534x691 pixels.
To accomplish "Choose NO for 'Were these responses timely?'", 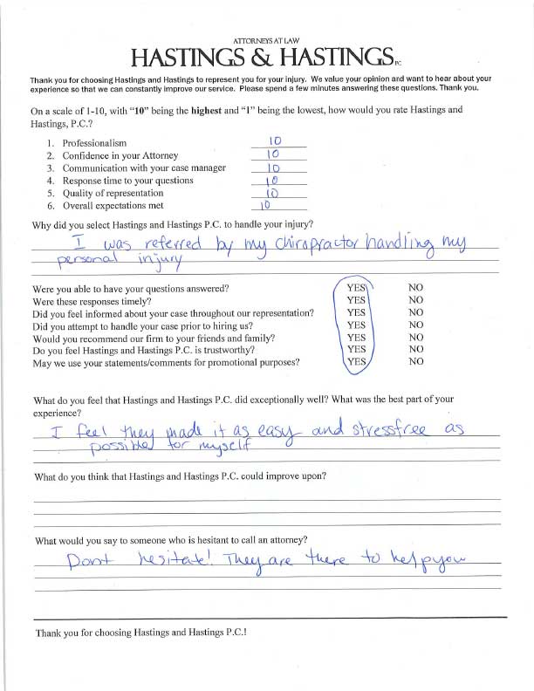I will click(415, 298).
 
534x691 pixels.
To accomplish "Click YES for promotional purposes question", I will click(356, 361).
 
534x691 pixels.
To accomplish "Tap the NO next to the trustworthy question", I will click(415, 349).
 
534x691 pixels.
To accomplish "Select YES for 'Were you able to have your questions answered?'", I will click(356, 286).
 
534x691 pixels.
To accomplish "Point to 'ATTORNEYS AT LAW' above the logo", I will click(267, 41).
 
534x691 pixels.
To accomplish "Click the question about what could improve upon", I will click(179, 477).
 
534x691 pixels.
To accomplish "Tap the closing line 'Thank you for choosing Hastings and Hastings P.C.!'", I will click(140, 631).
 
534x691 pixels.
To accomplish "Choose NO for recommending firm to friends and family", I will click(415, 336).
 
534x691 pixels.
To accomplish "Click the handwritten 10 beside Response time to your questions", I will click(270, 180).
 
